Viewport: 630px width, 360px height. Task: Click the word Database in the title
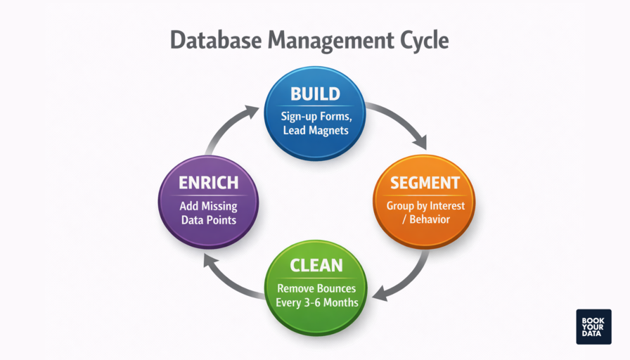(x=215, y=40)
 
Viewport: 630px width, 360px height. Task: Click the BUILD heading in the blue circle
(x=315, y=94)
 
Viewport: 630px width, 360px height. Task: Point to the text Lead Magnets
(x=315, y=131)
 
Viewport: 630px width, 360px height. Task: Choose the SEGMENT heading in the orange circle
(x=425, y=183)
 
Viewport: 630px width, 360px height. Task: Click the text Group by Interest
(x=425, y=206)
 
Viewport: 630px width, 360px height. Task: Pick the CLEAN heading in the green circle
(x=316, y=266)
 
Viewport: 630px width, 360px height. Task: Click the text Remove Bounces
(x=316, y=288)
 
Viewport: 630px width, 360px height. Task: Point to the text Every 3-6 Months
(x=316, y=302)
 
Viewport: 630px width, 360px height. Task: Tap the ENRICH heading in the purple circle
(x=207, y=183)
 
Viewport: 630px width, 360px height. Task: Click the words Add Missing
(x=207, y=206)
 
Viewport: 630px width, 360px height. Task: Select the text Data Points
(x=207, y=219)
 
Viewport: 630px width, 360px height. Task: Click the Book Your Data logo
(x=593, y=326)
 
